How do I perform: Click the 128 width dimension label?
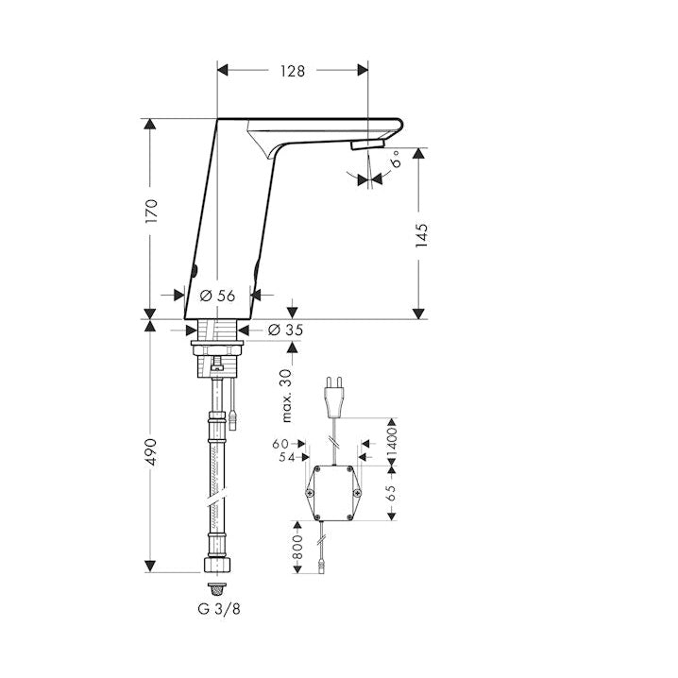[x=293, y=71]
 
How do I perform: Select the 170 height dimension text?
[x=152, y=211]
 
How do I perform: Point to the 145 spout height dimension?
[x=421, y=236]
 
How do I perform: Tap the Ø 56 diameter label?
[x=218, y=296]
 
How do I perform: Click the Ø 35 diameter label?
[x=285, y=330]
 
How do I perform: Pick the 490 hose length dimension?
[x=151, y=452]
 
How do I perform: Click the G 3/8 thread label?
[x=219, y=609]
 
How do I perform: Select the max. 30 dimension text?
[x=287, y=396]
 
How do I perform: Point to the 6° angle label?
[x=395, y=159]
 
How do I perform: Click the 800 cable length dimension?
[x=297, y=547]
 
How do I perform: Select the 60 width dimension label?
[x=280, y=444]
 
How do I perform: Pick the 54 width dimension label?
[x=286, y=457]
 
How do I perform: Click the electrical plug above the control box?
[x=334, y=397]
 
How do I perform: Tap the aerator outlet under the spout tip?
[x=367, y=144]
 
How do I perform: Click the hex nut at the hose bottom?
[x=216, y=565]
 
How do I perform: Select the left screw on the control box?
[x=310, y=493]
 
